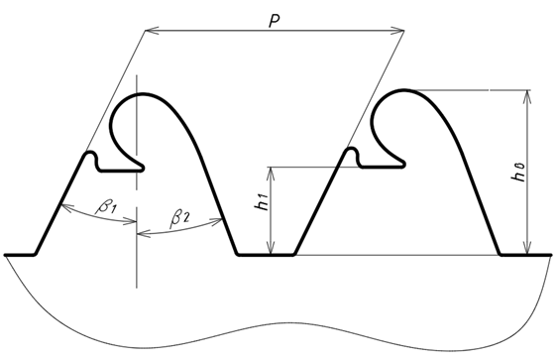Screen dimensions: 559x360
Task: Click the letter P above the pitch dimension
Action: point(274,22)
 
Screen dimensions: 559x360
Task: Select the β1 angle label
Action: point(106,206)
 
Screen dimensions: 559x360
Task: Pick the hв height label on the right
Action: point(518,173)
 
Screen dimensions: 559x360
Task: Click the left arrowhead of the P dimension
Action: point(152,31)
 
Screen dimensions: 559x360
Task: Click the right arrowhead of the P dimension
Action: point(397,31)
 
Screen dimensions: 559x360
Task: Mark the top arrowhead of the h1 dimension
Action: point(272,173)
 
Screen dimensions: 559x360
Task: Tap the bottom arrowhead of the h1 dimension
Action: point(272,249)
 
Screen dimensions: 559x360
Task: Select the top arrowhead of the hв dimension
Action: point(527,96)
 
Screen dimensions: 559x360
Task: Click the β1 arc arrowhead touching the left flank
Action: point(67,208)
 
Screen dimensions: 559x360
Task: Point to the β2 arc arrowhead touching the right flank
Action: point(217,222)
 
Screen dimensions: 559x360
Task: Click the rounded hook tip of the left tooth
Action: point(142,168)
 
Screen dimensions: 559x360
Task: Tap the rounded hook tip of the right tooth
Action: point(402,164)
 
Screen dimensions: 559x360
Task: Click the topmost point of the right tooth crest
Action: point(403,90)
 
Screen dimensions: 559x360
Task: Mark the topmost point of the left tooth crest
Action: point(143,94)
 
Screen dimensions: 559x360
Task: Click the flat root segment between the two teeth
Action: point(266,255)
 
